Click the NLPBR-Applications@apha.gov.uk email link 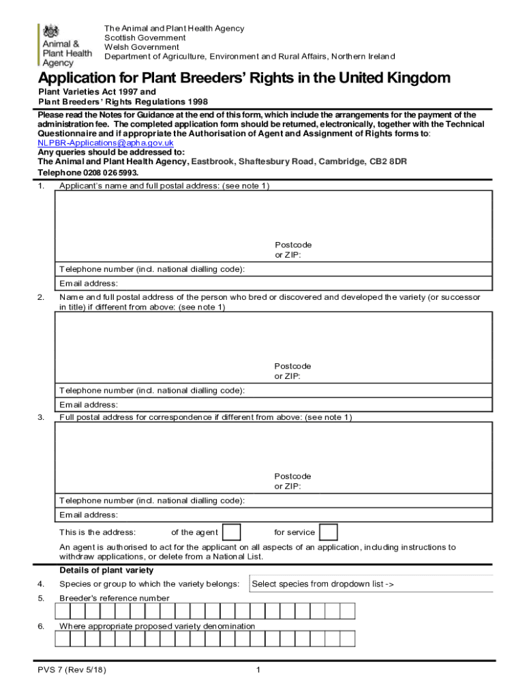(x=106, y=143)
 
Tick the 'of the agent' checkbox (x=232, y=532)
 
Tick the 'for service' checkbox (x=329, y=532)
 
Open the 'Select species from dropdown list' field (x=372, y=584)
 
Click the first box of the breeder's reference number (x=62, y=611)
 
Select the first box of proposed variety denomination (x=62, y=639)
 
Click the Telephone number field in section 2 (x=368, y=391)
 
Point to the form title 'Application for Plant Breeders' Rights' (x=244, y=78)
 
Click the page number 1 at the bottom (x=258, y=670)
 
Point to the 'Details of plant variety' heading (x=106, y=571)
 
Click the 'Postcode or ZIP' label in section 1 (x=293, y=249)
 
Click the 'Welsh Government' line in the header (x=142, y=47)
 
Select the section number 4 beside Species (x=41, y=584)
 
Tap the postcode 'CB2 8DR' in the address (x=388, y=162)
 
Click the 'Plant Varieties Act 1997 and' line (x=97, y=91)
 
